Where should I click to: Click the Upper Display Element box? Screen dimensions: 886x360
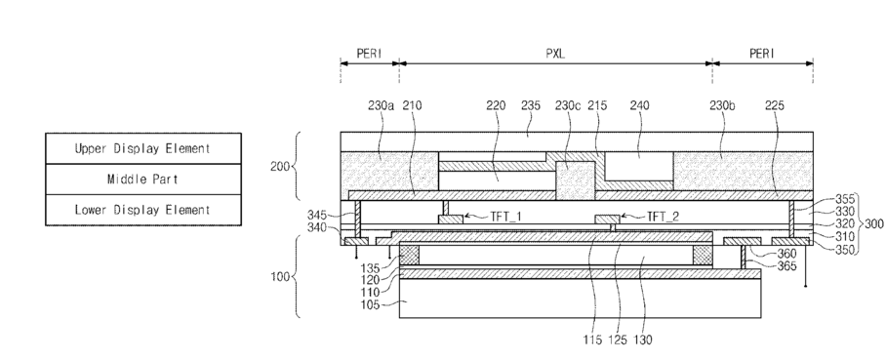pyautogui.click(x=143, y=148)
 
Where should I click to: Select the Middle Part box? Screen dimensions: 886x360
pyautogui.click(x=143, y=180)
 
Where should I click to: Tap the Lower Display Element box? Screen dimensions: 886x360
pyautogui.click(x=143, y=210)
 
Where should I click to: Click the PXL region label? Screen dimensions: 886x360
pyautogui.click(x=555, y=54)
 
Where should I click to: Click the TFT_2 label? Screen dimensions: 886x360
pyautogui.click(x=663, y=217)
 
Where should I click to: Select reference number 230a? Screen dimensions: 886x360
pyautogui.click(x=381, y=105)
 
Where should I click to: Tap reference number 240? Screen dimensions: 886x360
pyautogui.click(x=640, y=105)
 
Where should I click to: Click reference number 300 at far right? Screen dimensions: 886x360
pyautogui.click(x=874, y=223)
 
